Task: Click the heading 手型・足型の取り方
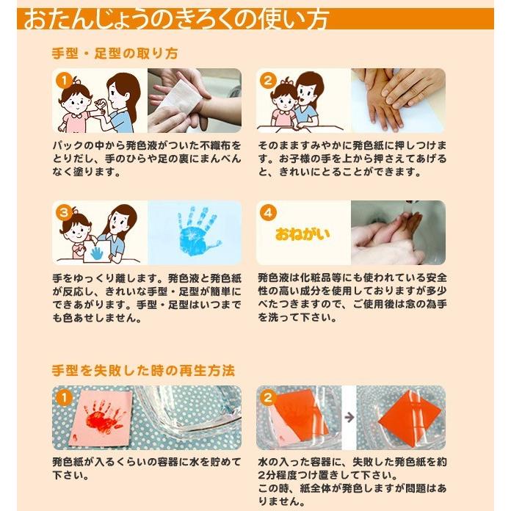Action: click(115, 54)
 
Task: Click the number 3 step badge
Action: click(64, 211)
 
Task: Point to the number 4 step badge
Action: click(267, 211)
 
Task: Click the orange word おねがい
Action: click(302, 234)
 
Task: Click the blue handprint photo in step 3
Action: click(195, 232)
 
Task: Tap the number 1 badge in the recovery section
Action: click(64, 396)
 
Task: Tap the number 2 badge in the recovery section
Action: click(267, 396)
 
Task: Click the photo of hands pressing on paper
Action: click(397, 100)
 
